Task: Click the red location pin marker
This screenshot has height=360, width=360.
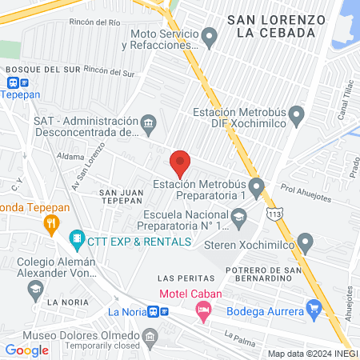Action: point(180,163)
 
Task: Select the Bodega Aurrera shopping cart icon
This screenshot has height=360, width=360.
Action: point(314,308)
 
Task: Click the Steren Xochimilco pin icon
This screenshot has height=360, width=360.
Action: point(305,242)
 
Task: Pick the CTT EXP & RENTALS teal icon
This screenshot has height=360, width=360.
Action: point(77,238)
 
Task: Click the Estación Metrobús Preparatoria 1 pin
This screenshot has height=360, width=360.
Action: point(257,190)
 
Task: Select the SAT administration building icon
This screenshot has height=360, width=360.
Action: point(148,124)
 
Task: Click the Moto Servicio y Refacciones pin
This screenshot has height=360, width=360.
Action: point(210,37)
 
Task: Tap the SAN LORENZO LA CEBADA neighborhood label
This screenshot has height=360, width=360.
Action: point(275,25)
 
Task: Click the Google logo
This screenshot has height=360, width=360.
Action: point(27,350)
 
